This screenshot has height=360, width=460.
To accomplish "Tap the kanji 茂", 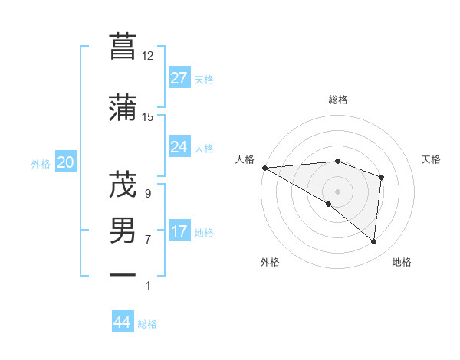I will click(123, 184).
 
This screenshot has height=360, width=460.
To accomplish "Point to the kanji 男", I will click(123, 230).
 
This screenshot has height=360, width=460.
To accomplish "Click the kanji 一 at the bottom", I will click(123, 274).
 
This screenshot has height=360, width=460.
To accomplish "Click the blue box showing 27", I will click(179, 78).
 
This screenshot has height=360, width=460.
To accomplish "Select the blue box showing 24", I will click(179, 147).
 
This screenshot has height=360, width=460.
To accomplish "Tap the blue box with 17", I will click(179, 231).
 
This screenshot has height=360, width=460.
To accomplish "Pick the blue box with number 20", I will click(66, 162).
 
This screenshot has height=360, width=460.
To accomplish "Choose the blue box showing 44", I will click(122, 322).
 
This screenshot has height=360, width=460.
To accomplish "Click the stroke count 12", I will click(147, 55).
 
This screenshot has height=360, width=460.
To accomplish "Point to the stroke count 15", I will click(147, 116).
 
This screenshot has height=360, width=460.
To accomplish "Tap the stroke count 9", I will click(147, 194).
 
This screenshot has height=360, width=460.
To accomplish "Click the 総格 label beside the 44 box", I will click(147, 324).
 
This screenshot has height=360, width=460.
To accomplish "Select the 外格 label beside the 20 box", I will click(41, 163).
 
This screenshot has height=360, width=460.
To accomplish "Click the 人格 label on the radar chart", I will click(245, 159).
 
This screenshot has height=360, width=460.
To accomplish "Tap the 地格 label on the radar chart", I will click(402, 262).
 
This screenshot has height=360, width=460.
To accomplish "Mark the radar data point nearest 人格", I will click(264, 168).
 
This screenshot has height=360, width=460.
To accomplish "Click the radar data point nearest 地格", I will click(373, 242).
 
